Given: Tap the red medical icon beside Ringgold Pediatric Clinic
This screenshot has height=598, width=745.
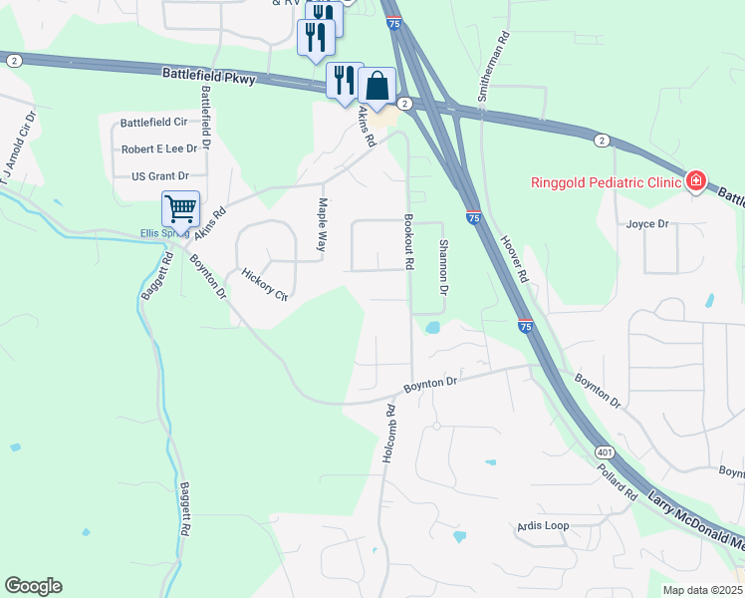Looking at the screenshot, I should (x=695, y=181).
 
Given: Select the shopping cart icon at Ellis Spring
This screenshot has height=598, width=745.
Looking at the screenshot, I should (x=180, y=209).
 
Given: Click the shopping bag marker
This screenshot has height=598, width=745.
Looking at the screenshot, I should (x=377, y=85).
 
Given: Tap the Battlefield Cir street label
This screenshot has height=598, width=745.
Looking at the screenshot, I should (x=153, y=123).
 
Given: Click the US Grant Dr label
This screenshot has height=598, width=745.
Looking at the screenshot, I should (x=159, y=176).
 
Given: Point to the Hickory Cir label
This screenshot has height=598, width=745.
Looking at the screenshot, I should (x=264, y=284).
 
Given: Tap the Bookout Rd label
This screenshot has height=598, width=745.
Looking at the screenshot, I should (x=408, y=241).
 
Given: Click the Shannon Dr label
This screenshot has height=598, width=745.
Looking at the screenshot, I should (x=443, y=266).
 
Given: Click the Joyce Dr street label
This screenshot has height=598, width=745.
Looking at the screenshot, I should (x=647, y=224).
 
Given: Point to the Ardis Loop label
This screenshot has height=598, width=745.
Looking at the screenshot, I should (x=543, y=525).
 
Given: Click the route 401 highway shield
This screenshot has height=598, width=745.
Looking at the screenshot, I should (x=605, y=451).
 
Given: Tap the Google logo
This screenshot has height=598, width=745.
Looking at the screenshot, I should (x=33, y=586).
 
